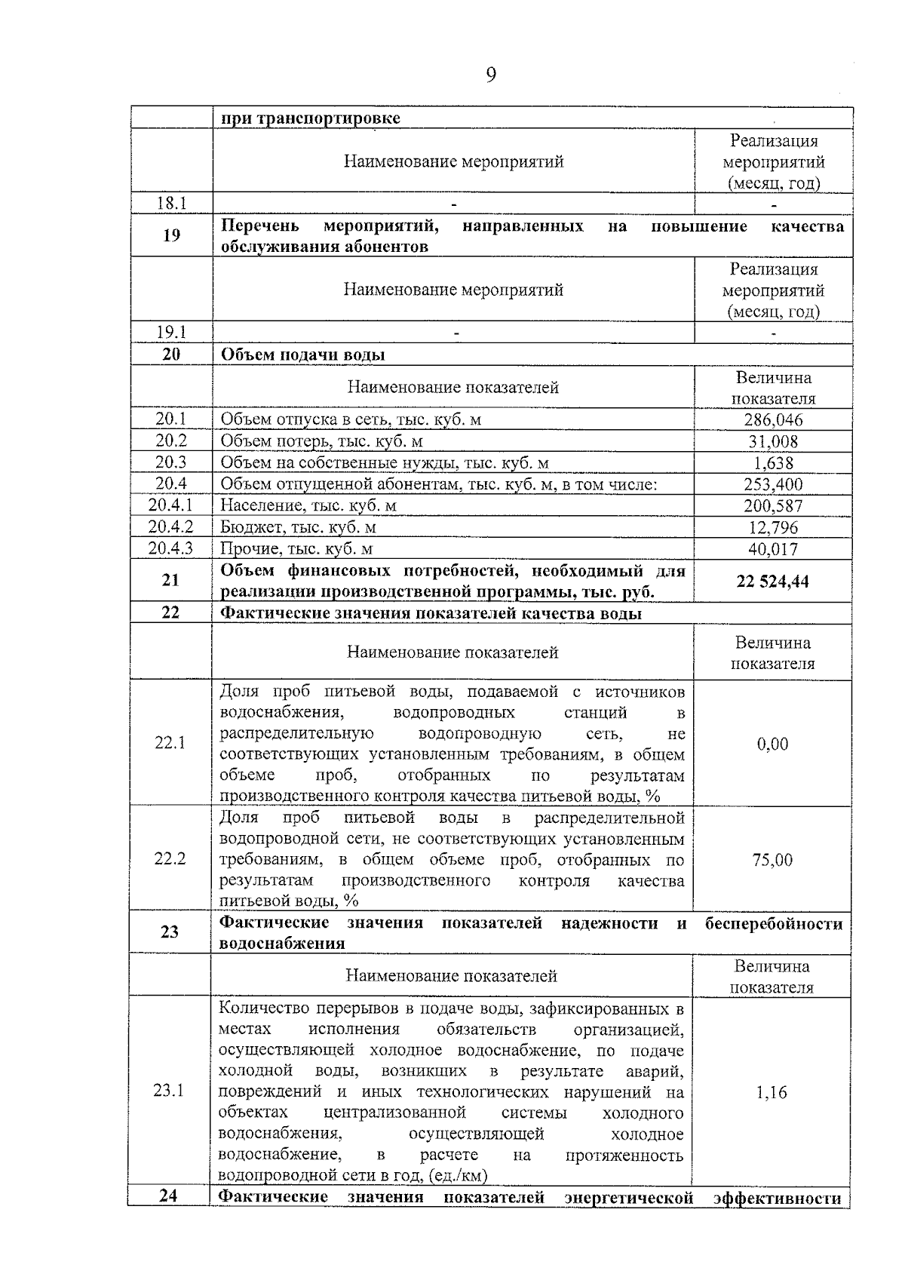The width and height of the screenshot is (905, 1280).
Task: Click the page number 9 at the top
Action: [491, 75]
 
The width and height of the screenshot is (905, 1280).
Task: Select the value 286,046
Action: [773, 419]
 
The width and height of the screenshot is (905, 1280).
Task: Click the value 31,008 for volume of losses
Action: [773, 441]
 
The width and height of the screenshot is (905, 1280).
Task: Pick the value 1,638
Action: [773, 463]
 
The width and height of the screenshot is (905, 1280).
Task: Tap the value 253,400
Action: [773, 484]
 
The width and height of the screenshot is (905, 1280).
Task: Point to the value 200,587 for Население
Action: [773, 506]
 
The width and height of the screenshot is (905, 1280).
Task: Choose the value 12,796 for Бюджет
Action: [773, 527]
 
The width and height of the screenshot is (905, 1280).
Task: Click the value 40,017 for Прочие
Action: [773, 549]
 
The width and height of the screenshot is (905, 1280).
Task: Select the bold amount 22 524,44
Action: [773, 582]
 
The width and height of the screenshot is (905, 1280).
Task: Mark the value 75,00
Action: [772, 860]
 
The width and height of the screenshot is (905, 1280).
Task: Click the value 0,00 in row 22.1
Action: [772, 744]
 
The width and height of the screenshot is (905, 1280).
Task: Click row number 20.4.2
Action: [171, 526]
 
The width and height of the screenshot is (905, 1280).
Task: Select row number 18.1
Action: [171, 203]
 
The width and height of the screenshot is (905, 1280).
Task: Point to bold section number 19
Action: [171, 235]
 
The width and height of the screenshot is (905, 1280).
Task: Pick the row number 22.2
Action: [170, 858]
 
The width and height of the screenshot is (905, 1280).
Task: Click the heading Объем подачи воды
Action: [302, 355]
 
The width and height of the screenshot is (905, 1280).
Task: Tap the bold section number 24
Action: [169, 1196]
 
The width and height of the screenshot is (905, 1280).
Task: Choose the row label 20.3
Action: [171, 462]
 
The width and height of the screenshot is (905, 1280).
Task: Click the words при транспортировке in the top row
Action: [310, 118]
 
